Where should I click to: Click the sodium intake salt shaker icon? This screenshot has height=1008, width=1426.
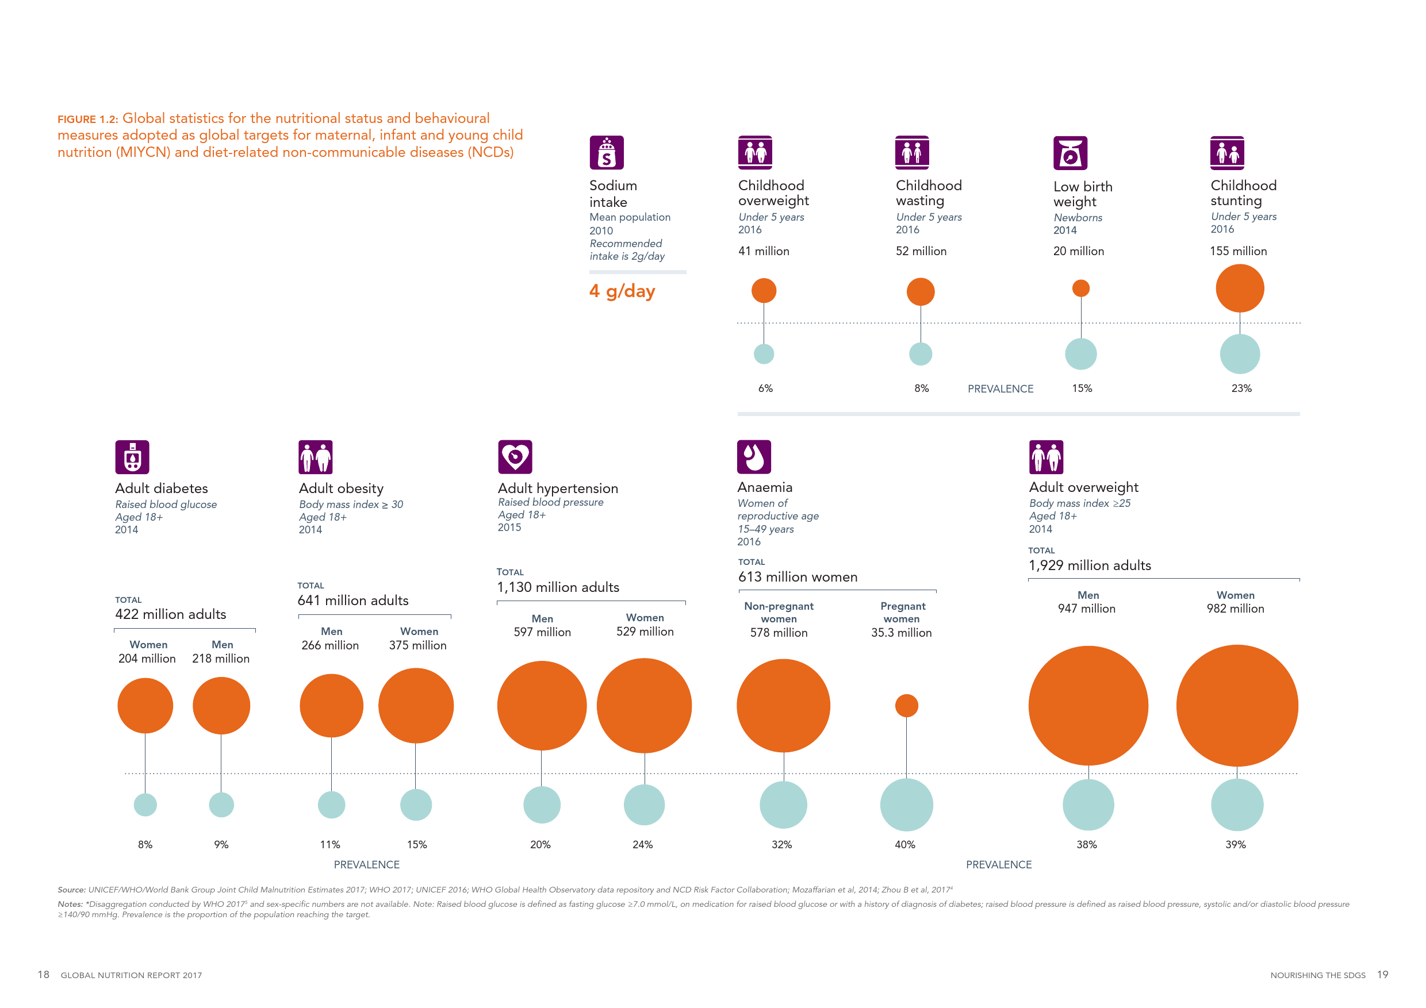(x=606, y=153)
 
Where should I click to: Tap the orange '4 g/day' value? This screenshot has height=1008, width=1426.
(x=622, y=291)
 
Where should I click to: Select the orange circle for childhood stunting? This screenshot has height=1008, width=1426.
(x=1239, y=288)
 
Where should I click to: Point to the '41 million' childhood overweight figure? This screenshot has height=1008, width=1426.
(x=763, y=251)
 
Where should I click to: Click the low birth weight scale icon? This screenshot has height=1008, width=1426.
(x=1069, y=153)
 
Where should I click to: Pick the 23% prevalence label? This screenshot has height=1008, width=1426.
(x=1241, y=388)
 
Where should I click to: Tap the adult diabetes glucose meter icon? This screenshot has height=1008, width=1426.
(x=132, y=457)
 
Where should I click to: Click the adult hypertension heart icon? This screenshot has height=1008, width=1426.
(x=515, y=457)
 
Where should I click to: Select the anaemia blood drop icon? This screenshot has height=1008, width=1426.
(x=753, y=457)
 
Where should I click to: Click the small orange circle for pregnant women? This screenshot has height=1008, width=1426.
(x=906, y=705)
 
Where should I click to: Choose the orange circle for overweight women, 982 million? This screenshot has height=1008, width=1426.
(x=1237, y=705)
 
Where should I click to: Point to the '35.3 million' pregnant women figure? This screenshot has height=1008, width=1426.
(x=900, y=633)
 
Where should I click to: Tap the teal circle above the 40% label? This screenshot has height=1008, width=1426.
(x=906, y=805)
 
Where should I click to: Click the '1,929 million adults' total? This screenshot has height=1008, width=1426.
(x=1090, y=565)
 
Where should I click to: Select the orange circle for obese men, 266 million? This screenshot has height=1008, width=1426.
(x=331, y=705)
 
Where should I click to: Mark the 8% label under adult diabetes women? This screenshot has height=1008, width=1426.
(x=145, y=845)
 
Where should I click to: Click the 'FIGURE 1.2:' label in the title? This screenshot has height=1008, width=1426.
(x=87, y=119)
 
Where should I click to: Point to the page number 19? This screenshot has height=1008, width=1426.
(x=1382, y=975)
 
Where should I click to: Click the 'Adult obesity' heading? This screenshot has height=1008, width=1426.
(x=341, y=488)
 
